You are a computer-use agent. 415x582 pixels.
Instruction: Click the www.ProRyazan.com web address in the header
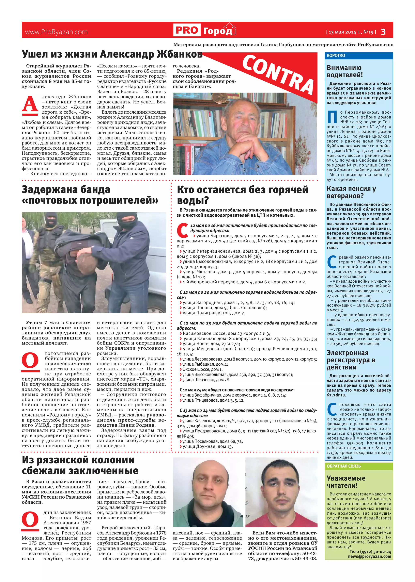(x=56, y=32)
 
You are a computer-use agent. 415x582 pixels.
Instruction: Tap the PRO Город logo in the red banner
(x=205, y=30)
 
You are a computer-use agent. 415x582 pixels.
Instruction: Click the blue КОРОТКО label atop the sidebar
(x=336, y=55)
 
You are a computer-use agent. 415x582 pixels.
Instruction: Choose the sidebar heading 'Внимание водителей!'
(x=344, y=71)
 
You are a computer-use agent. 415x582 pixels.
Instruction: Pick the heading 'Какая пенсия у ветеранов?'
(x=351, y=192)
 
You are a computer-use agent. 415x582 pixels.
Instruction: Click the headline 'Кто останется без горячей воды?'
(x=242, y=195)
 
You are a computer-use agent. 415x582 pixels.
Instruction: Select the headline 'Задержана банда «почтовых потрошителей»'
(x=90, y=195)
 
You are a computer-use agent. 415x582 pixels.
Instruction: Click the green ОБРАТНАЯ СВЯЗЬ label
(x=344, y=466)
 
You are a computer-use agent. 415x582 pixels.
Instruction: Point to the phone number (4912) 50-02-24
(x=374, y=552)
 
